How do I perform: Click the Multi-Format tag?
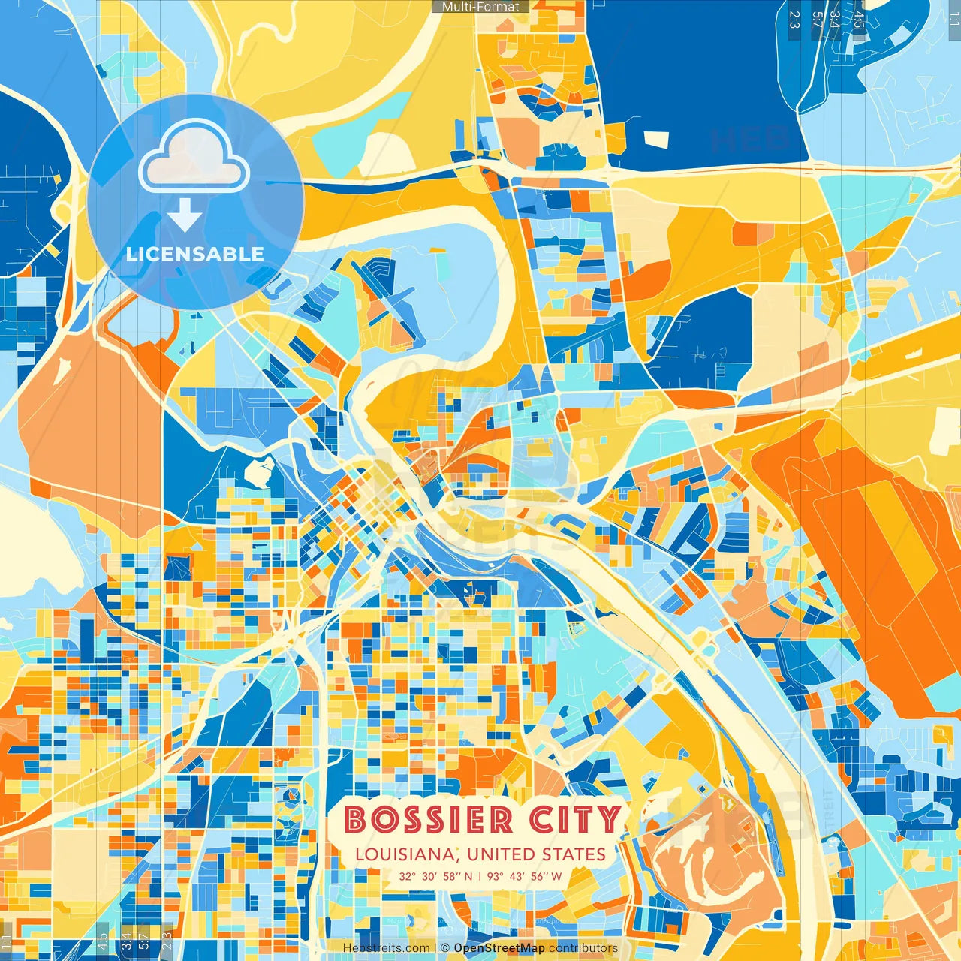point(480,7)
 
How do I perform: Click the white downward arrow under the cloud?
point(185,215)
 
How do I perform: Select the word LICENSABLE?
point(195,254)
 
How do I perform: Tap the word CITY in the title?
point(576,820)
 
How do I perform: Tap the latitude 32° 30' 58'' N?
point(435,876)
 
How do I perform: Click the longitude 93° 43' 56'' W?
point(524,876)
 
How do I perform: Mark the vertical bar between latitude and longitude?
point(480,876)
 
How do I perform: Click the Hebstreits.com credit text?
point(386,948)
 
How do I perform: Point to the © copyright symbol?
point(444,948)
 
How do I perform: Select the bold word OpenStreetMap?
point(499,948)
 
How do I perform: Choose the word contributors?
point(583,948)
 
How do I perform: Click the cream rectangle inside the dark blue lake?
point(657,139)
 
